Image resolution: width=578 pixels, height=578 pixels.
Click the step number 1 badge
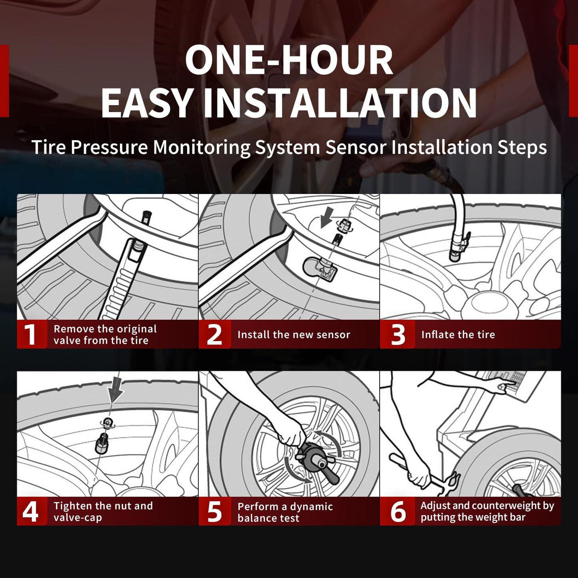point(32,334)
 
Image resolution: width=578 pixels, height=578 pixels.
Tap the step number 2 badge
point(215,334)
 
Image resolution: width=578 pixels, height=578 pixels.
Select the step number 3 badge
point(398,334)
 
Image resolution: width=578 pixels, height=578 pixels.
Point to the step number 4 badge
point(32,511)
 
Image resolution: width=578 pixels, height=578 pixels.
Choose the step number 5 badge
point(215,511)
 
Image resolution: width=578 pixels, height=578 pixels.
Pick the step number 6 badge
point(398,511)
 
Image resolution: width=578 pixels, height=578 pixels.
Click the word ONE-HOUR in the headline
point(289,60)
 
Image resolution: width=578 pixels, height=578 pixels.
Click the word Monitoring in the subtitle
point(202,148)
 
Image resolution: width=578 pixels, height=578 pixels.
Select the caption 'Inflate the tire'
point(458,334)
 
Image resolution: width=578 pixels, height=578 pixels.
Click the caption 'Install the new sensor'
point(294,335)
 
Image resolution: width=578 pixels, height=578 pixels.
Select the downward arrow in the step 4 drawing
point(116,388)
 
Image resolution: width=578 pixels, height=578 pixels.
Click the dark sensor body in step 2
point(320,270)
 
